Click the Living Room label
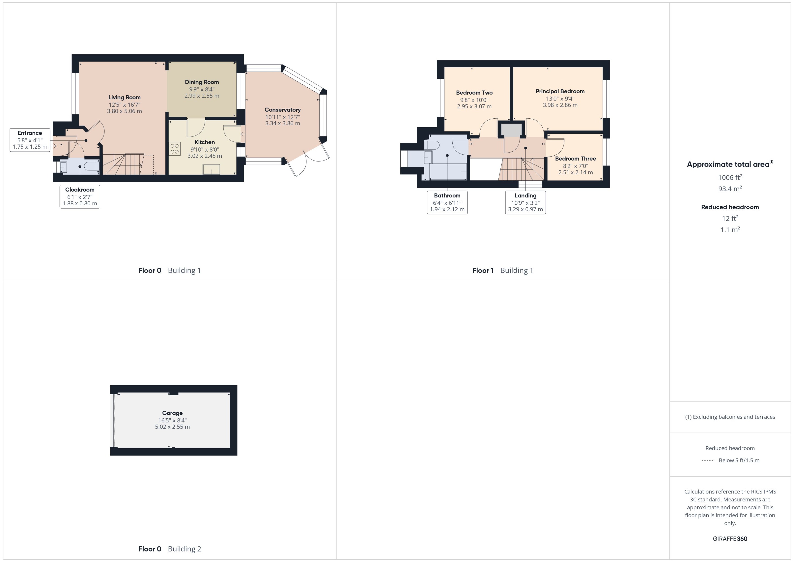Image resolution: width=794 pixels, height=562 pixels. (124, 98)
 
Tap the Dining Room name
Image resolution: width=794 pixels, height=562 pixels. (202, 82)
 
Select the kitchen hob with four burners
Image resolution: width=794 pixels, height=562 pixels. (175, 149)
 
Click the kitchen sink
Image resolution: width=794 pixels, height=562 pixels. (211, 169)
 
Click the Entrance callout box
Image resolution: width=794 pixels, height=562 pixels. (30, 140)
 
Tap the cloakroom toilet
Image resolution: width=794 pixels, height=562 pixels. (92, 167)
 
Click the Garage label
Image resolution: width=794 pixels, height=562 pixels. (172, 413)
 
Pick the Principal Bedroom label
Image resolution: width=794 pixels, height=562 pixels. (560, 91)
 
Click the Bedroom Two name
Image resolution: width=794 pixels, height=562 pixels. (474, 93)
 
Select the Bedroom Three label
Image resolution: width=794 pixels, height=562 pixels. (575, 159)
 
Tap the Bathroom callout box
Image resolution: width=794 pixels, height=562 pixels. (447, 202)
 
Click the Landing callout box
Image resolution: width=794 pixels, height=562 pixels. (525, 202)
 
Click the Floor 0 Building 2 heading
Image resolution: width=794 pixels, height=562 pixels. (169, 549)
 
